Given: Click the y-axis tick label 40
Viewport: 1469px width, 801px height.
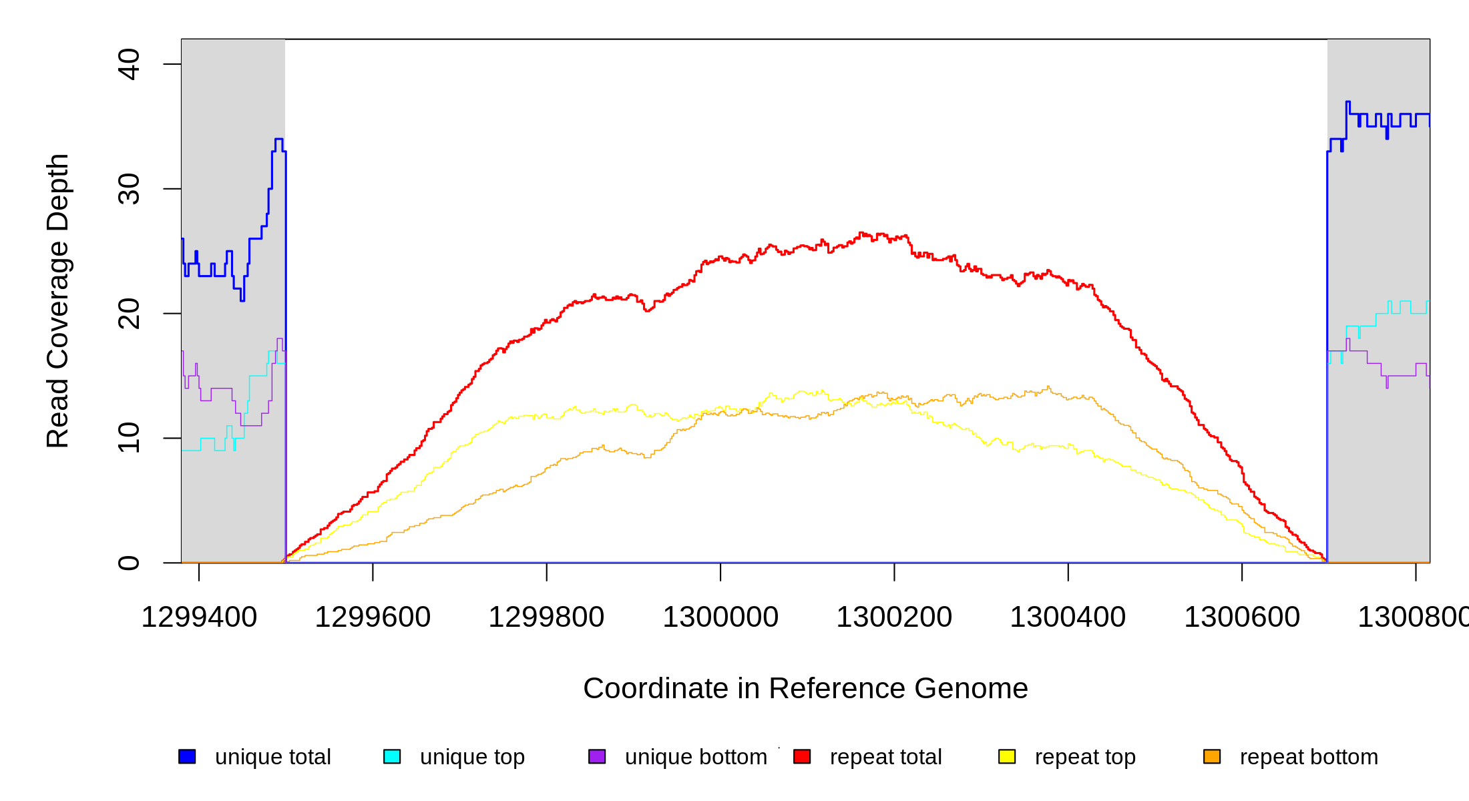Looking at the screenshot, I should click(129, 64).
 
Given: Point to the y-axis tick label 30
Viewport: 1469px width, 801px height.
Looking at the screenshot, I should click(129, 189).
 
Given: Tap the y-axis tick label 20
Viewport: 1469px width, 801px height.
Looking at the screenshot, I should click(129, 314).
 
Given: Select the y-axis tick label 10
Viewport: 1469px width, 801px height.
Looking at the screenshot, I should click(129, 438).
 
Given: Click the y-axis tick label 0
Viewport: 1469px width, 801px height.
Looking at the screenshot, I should click(129, 563).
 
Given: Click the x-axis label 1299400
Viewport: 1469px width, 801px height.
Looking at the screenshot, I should click(199, 617).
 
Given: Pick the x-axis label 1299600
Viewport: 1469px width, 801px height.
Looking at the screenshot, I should click(373, 617).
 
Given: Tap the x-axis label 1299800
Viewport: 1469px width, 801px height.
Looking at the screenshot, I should click(546, 617).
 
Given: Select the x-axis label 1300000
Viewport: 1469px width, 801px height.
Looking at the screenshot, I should click(720, 617).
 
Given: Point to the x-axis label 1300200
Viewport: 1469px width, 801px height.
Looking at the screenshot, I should click(894, 617).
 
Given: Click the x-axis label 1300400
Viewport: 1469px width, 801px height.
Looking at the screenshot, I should click(1068, 617).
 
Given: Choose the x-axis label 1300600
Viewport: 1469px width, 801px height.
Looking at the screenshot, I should click(1242, 617).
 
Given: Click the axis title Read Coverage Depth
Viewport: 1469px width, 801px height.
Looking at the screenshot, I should click(58, 300).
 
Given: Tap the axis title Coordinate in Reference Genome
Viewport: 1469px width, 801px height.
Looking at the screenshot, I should click(805, 688).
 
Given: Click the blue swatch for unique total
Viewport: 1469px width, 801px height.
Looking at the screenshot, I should click(187, 756).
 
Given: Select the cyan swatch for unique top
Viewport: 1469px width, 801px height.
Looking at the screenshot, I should click(392, 756).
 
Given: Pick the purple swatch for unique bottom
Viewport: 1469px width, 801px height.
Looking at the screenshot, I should click(597, 756).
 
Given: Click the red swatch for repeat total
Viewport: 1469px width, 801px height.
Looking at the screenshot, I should click(802, 756).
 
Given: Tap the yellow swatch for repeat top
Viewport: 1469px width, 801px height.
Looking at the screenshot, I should click(1007, 756).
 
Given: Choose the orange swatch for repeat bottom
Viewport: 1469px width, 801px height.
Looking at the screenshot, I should click(1212, 756).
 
